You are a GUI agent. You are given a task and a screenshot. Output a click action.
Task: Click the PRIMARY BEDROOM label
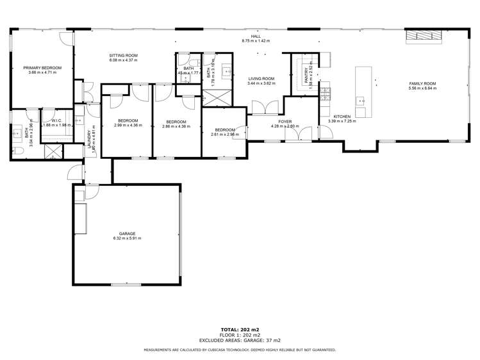(x=42, y=67)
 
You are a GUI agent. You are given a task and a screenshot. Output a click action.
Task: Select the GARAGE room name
(x=127, y=234)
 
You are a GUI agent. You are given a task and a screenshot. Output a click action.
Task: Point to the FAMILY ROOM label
(x=422, y=84)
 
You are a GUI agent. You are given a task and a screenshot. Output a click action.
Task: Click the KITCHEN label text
(x=340, y=116)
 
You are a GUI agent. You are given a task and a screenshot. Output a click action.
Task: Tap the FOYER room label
(x=285, y=121)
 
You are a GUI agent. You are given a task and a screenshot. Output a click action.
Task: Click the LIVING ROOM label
(x=261, y=79)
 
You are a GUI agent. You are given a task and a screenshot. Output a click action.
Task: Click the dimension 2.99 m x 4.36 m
(x=127, y=126)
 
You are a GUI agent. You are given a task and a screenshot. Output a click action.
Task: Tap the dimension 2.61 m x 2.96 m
(x=225, y=135)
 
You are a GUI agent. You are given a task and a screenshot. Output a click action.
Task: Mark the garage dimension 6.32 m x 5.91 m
(x=127, y=238)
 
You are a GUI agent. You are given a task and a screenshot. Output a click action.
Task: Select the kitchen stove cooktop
(x=325, y=94)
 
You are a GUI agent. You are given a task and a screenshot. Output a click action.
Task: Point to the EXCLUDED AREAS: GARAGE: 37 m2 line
(x=240, y=340)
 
